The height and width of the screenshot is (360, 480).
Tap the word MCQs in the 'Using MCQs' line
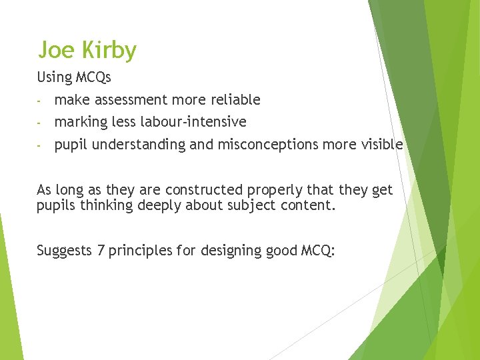(93, 77)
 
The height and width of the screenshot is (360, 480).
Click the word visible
(380, 145)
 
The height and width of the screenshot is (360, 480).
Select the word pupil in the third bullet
(71, 145)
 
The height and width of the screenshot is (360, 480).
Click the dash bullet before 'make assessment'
(40, 101)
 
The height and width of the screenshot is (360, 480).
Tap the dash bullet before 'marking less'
(40, 123)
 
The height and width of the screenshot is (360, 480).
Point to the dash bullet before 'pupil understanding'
(40, 145)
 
